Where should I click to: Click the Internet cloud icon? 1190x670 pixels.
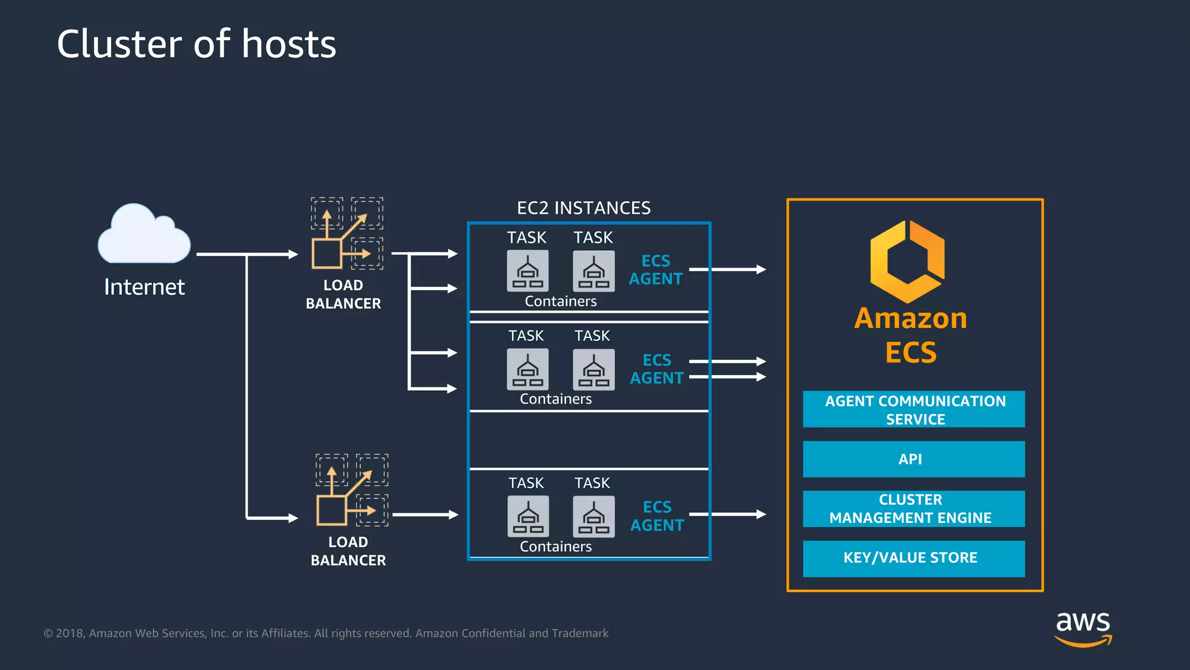point(144,235)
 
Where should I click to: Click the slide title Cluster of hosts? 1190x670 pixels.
point(196,44)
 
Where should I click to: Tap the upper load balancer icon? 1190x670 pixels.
point(347,233)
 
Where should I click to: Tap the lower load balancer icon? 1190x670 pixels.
point(352,490)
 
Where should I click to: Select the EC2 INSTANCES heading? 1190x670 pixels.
point(583,208)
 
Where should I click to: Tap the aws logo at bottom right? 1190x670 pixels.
point(1083,628)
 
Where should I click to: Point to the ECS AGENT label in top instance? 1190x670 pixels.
point(655,270)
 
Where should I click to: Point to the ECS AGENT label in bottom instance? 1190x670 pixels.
point(657,516)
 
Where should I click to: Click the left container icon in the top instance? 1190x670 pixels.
point(527,271)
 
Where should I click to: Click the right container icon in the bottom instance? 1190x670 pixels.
point(593,516)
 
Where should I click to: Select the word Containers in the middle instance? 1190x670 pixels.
point(555,399)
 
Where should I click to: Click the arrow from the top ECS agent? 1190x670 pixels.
point(727,269)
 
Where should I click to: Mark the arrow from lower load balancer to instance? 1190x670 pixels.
point(425,515)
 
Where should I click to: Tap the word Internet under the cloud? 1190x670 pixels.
point(144,287)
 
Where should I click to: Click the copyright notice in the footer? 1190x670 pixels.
point(326,633)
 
